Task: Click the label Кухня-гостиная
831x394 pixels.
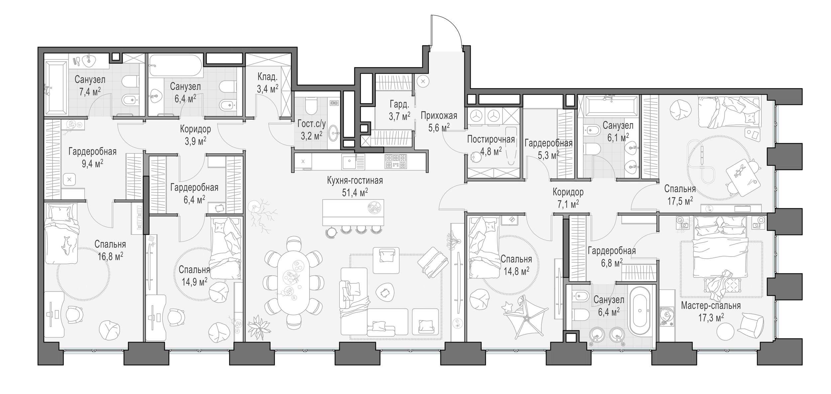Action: [x=355, y=181]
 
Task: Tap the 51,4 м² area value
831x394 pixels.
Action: [x=355, y=192]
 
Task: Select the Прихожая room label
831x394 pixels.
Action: [x=439, y=115]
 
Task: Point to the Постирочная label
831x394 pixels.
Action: [x=491, y=139]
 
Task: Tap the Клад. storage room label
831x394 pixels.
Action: [x=267, y=77]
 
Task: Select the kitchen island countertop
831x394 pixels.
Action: [x=353, y=213]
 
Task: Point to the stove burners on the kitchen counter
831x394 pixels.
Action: [x=396, y=161]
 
